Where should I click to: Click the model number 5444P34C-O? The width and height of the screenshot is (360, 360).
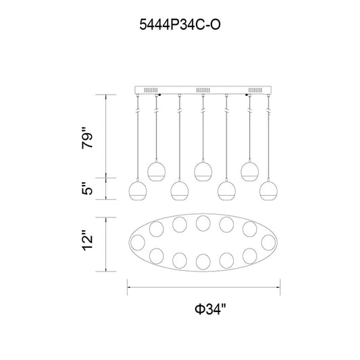(180, 25)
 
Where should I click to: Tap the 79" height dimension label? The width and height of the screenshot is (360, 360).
(88, 138)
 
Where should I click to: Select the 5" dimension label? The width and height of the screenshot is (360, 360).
(88, 188)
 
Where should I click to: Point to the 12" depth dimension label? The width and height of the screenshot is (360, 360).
(88, 240)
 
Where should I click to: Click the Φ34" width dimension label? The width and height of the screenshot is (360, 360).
(210, 309)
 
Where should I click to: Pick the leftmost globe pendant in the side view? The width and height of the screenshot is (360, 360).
(138, 190)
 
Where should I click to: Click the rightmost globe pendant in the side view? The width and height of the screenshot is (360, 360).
(268, 190)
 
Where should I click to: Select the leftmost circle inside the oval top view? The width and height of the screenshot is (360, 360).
(138, 242)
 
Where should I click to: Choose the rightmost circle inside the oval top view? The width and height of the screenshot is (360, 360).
(269, 242)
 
